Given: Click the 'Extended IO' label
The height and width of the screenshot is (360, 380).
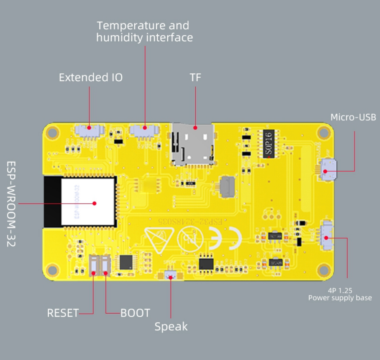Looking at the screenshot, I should [90, 78].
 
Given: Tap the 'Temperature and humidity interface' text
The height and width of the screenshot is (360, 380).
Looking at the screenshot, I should [144, 32].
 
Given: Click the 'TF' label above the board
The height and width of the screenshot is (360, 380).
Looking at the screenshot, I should [195, 78].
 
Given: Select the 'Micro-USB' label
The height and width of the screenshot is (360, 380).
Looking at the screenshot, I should [353, 117].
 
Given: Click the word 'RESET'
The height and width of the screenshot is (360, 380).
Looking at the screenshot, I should [63, 313].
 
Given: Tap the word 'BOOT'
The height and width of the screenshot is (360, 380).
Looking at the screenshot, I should [135, 313].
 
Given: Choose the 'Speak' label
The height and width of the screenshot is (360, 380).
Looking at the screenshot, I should [171, 327].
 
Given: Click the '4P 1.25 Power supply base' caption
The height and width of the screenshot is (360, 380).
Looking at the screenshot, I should [340, 294].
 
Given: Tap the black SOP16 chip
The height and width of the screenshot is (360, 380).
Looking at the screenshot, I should [269, 144].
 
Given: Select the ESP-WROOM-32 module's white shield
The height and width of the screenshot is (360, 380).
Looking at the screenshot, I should [88, 201].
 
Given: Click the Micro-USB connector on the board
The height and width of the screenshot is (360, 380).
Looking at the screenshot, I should [328, 169].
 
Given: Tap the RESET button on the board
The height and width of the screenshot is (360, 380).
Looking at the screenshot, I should [93, 265].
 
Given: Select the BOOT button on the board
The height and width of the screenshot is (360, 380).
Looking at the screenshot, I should [105, 265].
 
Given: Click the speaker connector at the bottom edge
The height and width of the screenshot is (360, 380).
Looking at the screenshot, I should [170, 276].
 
